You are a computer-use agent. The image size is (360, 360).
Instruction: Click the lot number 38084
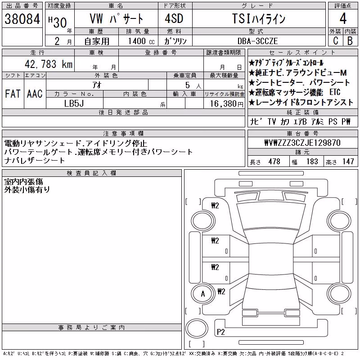22,19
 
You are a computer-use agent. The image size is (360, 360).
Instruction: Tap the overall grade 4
343,18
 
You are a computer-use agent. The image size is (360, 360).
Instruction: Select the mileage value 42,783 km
49,64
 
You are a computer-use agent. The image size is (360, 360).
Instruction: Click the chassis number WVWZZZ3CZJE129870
302,143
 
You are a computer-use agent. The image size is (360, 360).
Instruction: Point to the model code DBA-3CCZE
257,41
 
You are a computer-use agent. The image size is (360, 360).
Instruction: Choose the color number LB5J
74,103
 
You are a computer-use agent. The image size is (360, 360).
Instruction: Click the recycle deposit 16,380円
227,104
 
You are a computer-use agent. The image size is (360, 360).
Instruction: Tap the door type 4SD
174,18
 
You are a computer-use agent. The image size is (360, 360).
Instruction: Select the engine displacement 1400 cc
141,41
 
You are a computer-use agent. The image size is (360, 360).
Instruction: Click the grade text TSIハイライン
259,18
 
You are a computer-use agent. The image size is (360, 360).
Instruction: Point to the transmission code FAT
13,94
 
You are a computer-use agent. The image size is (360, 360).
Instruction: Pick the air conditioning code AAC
35,94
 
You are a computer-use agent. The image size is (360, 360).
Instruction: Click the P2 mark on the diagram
220,332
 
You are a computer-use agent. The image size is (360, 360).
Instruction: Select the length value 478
274,162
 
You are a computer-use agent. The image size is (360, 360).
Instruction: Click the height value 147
348,162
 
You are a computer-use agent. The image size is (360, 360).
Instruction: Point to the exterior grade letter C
336,40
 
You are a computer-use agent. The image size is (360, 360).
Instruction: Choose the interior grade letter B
350,41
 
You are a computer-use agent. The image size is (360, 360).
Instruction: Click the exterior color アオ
97,85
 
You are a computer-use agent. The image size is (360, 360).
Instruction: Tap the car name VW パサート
116,18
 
